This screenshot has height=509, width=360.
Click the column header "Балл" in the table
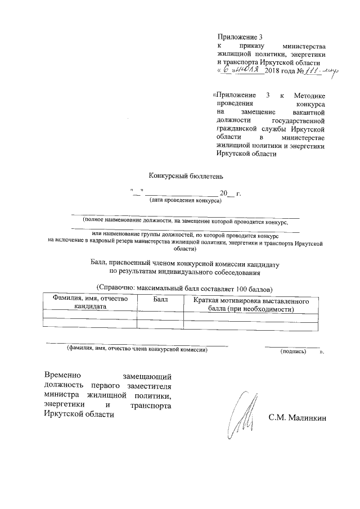(160, 300)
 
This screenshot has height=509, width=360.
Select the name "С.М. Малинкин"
(297, 418)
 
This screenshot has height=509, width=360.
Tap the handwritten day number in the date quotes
(226, 70)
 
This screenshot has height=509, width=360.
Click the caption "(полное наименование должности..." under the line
(184, 221)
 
